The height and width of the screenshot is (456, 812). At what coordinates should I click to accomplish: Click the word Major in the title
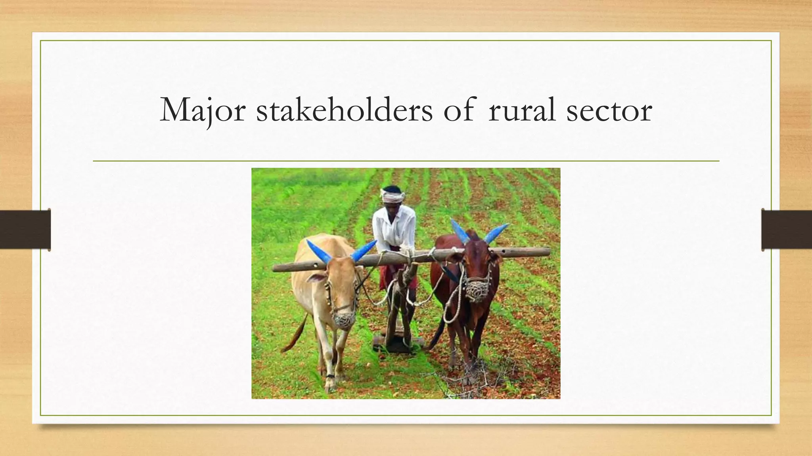pos(203,110)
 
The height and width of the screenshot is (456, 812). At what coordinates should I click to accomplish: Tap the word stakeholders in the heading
pos(344,110)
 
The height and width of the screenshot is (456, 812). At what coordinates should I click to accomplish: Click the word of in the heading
pos(459,110)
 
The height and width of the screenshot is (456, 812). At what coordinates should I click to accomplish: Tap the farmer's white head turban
pos(393,194)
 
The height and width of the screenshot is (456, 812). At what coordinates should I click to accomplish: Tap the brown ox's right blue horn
pos(495,233)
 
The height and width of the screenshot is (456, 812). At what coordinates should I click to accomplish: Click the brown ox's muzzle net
pos(477,291)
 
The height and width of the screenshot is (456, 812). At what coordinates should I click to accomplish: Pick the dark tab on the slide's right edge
pos(787,230)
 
